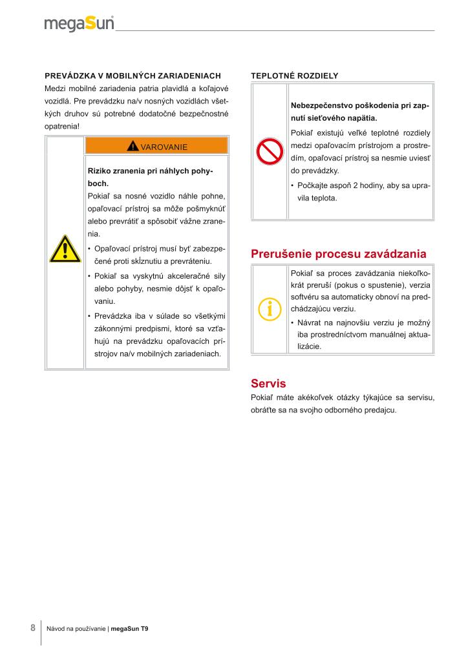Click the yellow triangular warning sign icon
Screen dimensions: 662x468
tap(65, 250)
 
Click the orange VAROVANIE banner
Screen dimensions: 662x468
tap(156, 146)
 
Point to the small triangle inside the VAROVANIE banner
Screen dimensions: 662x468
tap(133, 146)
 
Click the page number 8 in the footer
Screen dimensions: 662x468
tap(33, 628)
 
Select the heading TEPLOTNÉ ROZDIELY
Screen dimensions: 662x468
tap(294, 76)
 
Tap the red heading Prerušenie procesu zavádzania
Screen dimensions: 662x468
tap(338, 253)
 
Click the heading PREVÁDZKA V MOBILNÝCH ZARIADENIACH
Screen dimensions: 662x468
tap(133, 76)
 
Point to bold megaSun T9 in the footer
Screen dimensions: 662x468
tap(129, 629)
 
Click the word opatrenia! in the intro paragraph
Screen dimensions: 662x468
tap(62, 125)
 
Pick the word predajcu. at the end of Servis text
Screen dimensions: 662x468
tap(380, 411)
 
